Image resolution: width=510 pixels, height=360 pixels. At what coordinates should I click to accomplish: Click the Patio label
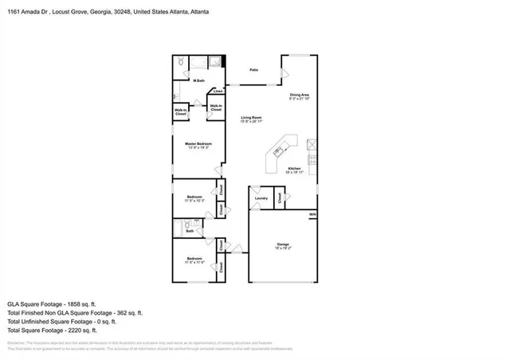click(253, 71)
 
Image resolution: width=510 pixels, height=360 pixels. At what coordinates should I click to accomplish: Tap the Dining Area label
click(300, 95)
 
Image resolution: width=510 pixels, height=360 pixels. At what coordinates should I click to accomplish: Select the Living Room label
click(252, 118)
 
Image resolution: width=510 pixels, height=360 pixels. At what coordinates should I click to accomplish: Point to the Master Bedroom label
click(198, 143)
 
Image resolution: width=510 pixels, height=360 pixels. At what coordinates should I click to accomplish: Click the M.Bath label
click(199, 80)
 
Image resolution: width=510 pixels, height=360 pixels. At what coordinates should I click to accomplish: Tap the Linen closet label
click(217, 92)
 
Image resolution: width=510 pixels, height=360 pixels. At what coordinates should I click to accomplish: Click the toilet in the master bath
click(181, 61)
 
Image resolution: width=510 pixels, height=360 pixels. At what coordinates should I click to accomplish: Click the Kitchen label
click(294, 169)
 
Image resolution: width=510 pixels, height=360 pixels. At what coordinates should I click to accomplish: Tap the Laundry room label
click(261, 198)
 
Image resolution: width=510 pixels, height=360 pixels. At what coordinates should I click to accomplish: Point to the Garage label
click(282, 244)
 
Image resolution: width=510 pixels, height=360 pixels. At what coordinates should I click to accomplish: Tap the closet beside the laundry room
click(280, 197)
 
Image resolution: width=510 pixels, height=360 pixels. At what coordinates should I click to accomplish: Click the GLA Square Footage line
click(51, 304)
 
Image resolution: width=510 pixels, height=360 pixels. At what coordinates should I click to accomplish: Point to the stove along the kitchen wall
click(314, 145)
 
